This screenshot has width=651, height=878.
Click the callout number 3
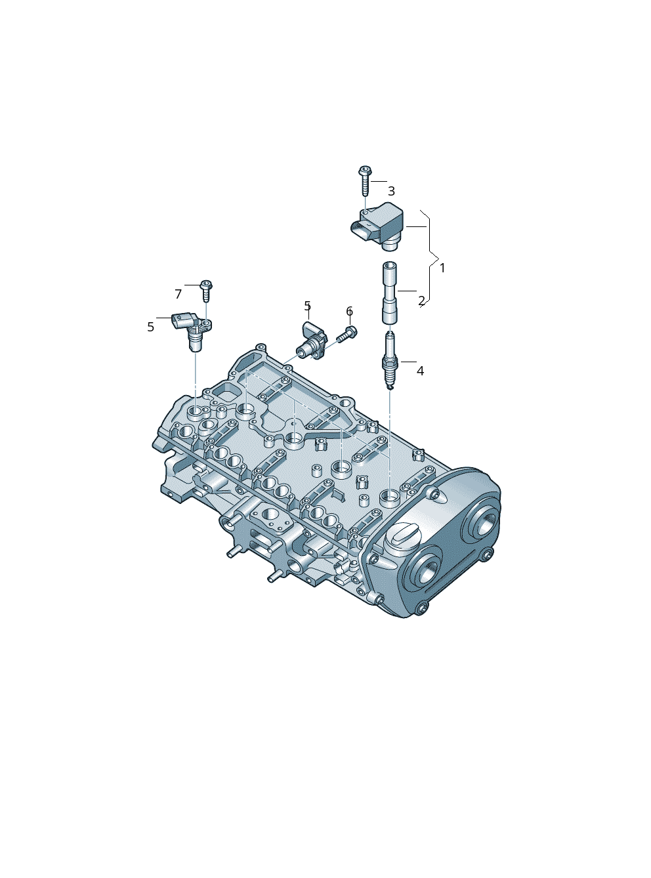[391, 191]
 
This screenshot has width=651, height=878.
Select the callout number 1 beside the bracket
[442, 268]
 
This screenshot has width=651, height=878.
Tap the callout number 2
[421, 301]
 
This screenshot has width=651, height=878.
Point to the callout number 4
[420, 371]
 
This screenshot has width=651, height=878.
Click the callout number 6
[349, 311]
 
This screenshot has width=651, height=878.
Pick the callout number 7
[178, 294]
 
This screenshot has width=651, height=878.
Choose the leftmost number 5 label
[150, 327]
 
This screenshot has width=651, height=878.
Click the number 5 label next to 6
[308, 306]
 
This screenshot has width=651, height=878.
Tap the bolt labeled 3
[365, 180]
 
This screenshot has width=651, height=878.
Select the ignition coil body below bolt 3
[378, 227]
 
